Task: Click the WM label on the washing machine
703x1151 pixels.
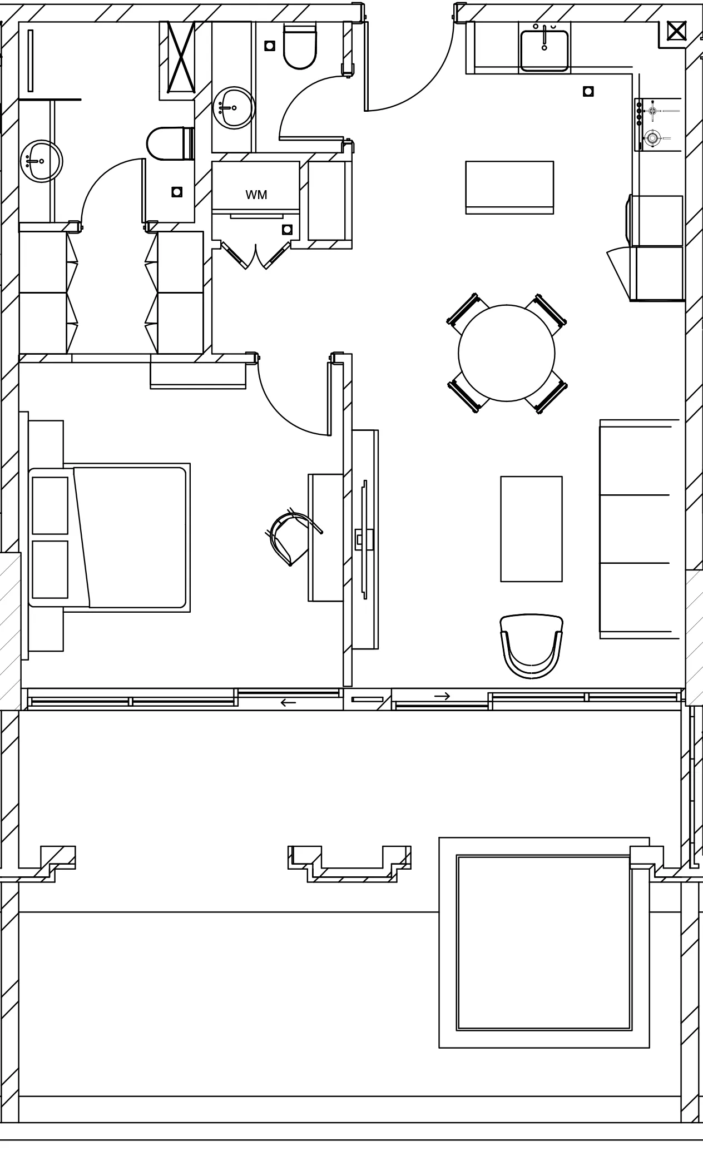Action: point(256,195)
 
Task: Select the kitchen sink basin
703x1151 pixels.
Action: point(544,51)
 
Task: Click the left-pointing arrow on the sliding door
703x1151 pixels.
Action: point(288,703)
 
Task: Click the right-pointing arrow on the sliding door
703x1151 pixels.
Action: point(442,696)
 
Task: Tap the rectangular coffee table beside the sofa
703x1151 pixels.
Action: point(531,529)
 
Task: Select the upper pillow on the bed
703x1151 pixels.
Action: point(50,505)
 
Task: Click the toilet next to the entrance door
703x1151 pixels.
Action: point(300,47)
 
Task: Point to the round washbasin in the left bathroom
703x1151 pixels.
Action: point(41,161)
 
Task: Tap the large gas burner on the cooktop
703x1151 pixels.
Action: point(652,137)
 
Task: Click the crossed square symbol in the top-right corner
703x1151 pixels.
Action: point(676,31)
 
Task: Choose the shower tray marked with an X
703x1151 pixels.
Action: point(181,57)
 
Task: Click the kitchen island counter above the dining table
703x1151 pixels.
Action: point(509,187)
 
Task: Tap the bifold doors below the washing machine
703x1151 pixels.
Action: point(256,257)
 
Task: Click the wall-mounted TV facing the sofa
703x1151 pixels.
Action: point(364,539)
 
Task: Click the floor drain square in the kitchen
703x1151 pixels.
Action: point(588,91)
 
